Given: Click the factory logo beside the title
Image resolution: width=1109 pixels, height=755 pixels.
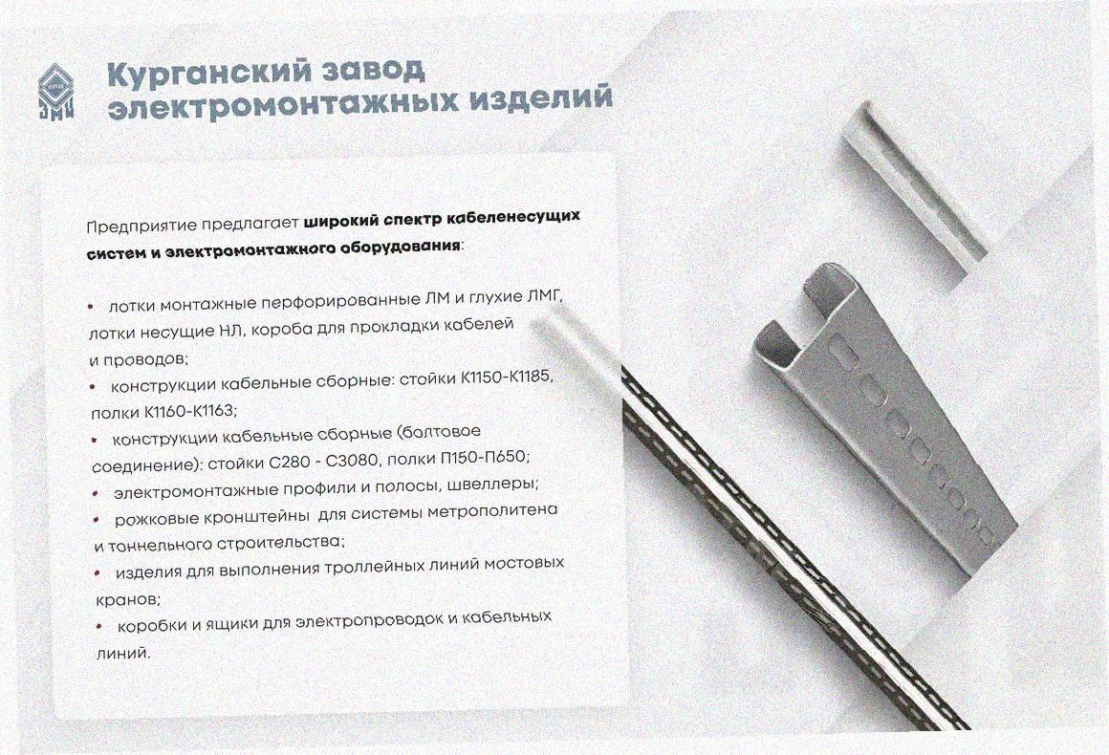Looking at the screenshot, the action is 55,92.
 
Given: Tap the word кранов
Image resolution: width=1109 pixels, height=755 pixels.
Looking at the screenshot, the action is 128,599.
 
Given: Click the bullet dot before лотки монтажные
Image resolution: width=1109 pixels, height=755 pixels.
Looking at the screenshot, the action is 90,306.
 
